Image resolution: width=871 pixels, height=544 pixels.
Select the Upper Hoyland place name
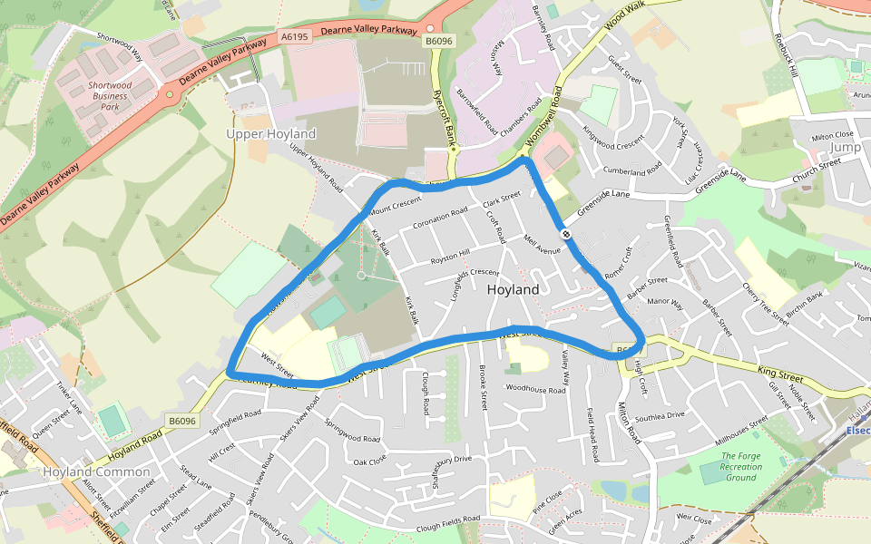(270, 134)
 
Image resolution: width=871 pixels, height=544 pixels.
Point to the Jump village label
(845, 147)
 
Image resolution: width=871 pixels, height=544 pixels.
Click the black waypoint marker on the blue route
(566, 234)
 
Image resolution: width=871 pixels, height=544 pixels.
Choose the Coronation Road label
(440, 219)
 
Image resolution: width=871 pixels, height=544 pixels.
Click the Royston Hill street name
(450, 257)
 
